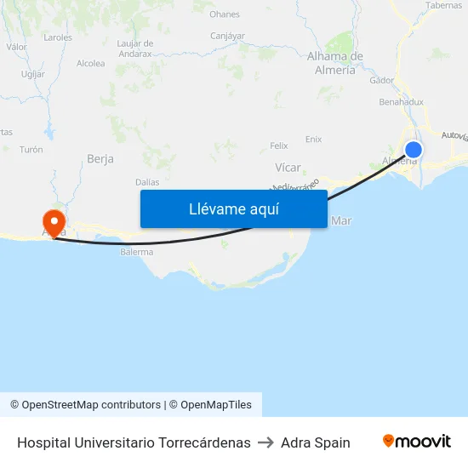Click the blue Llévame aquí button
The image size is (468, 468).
click(233, 208)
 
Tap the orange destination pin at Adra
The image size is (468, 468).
click(54, 224)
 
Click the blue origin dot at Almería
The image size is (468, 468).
click(413, 151)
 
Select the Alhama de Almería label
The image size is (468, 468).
click(335, 63)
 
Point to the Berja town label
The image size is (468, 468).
click(100, 158)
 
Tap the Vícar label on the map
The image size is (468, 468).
click(288, 168)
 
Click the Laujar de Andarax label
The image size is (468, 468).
click(134, 48)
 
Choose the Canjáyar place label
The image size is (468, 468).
click(227, 36)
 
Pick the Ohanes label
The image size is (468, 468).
click(225, 14)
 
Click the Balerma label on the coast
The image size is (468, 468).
click(137, 252)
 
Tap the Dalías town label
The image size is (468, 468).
click(147, 182)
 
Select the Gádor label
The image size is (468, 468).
click(382, 80)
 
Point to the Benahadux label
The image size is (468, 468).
click(401, 101)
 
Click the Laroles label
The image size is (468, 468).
click(58, 37)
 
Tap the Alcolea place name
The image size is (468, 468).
click(90, 63)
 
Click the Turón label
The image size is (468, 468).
click(31, 150)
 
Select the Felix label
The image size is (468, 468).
click(278, 146)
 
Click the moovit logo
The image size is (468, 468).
click(417, 442)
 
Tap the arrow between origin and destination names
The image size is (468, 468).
click(265, 442)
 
